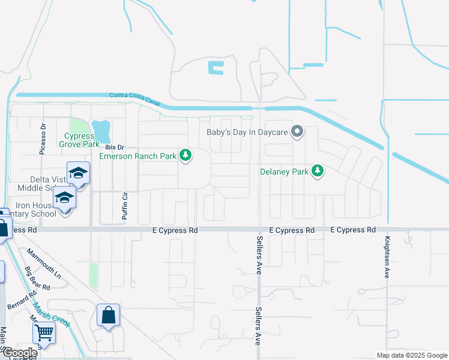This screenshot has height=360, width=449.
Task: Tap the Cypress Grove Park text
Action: tap(79, 140)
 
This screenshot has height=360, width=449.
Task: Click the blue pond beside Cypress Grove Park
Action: tap(101, 130)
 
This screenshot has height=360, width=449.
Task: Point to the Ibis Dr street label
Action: tap(114, 147)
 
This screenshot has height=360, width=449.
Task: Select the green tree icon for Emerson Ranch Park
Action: tap(186, 156)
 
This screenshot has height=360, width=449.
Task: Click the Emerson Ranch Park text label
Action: tap(137, 157)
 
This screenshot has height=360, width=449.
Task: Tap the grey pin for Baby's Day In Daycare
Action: tap(297, 132)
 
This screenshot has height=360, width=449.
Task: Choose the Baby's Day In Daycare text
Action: tap(247, 133)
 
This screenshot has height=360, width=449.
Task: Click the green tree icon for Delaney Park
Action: tap(318, 172)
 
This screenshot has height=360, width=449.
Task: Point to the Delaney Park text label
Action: tap(284, 172)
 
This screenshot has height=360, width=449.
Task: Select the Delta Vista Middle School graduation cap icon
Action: tap(78, 173)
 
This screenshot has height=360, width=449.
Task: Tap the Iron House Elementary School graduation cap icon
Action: tap(64, 197)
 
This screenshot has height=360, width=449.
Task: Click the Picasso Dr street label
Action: tap(43, 139)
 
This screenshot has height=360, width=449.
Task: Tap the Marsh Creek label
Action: tap(52, 314)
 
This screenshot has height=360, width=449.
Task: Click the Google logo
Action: tap(19, 353)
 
